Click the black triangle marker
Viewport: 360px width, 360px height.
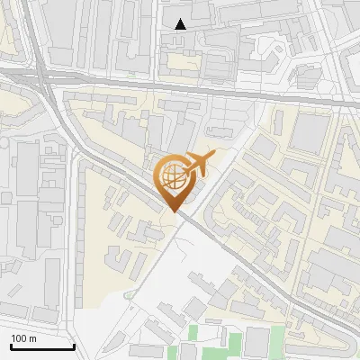click(181, 24)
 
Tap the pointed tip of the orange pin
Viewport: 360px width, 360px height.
click(173, 211)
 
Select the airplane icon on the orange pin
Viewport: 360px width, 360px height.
click(197, 165)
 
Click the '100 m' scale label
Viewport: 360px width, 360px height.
click(23, 338)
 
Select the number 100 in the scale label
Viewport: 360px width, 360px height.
click(20, 338)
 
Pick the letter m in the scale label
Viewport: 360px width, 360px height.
click(32, 338)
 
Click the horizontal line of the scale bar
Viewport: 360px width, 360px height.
click(40, 347)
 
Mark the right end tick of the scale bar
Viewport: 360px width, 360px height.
click(73, 346)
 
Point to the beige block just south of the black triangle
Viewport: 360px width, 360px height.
click(180, 61)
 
